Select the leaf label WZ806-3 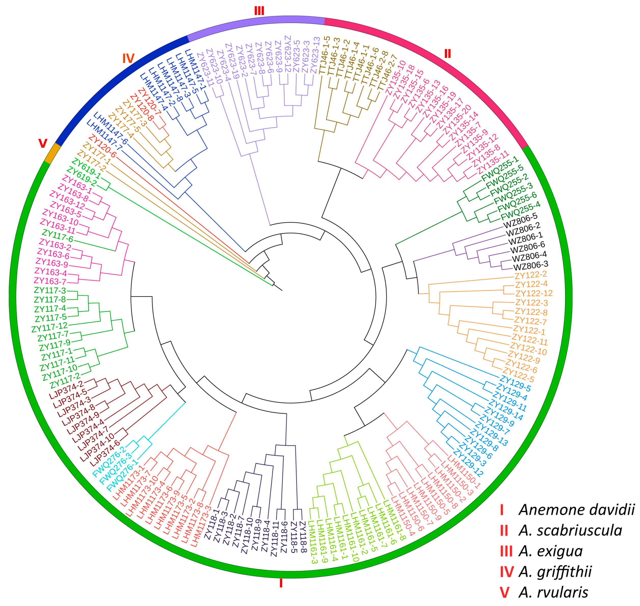[530, 266]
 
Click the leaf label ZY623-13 [315, 55]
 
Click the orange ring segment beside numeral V [52, 153]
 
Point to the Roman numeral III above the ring [259, 11]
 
